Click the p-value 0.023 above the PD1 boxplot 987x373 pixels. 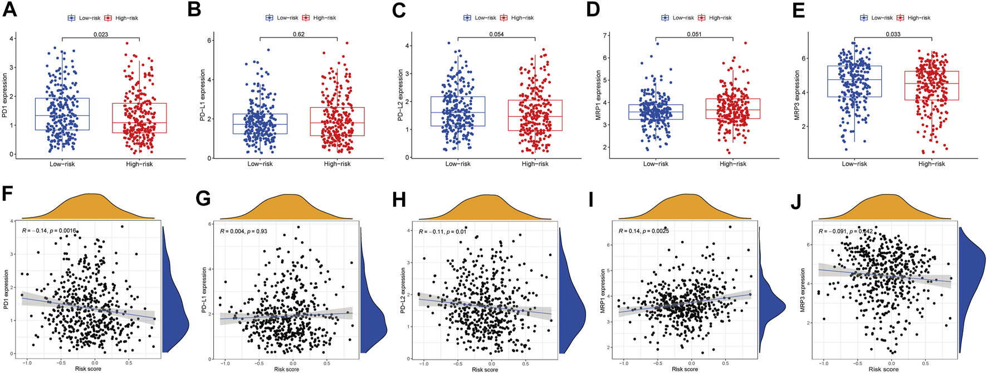point(100,35)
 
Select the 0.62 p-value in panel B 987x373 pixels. point(299,35)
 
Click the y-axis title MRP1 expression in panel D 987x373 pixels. point(599,93)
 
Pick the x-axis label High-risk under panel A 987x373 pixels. point(139,164)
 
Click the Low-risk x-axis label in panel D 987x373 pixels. point(656,164)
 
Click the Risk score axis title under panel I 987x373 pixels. point(685,369)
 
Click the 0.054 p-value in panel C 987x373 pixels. point(496,35)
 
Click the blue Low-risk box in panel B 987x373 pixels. point(260,124)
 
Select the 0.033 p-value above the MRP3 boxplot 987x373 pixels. point(893,35)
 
